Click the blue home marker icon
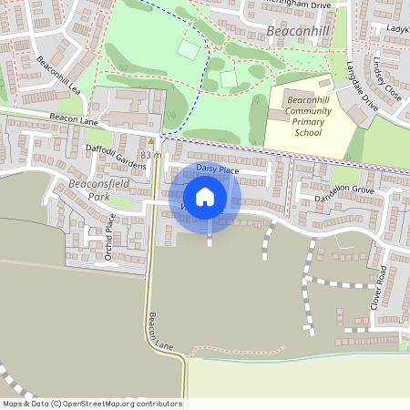[205, 197]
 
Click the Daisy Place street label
[217, 170]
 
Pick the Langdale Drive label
[362, 86]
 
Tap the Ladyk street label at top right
[397, 29]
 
